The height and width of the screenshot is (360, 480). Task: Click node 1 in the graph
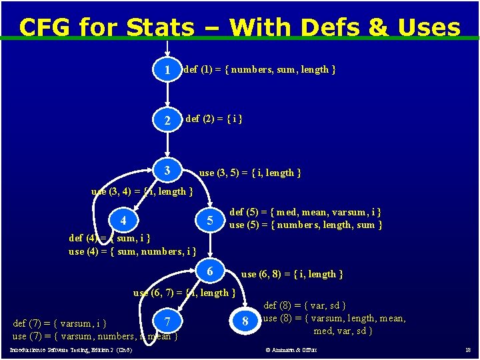(167, 69)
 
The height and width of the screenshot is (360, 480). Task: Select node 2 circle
(167, 121)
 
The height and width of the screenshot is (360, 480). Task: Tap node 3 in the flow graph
(167, 171)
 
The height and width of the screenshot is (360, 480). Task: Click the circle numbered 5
(210, 221)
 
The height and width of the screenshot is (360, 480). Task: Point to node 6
(210, 272)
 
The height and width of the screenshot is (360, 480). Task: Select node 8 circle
(245, 323)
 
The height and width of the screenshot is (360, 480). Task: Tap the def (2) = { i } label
(214, 119)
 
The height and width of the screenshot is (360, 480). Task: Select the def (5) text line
(305, 213)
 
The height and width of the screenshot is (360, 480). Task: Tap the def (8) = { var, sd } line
(305, 306)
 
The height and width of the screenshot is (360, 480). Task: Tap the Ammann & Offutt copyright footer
(291, 350)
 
